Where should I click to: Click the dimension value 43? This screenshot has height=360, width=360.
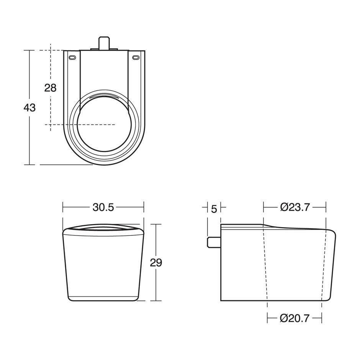(29, 108)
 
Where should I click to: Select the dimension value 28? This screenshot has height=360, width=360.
(50, 88)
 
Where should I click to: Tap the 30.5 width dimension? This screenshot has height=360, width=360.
(103, 207)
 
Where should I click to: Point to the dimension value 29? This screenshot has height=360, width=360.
(156, 263)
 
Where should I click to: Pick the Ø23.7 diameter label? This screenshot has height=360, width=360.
(295, 207)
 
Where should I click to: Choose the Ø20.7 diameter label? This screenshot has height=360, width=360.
(295, 318)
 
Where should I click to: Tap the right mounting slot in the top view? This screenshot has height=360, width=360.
(135, 58)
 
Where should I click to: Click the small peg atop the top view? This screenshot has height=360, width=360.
(103, 43)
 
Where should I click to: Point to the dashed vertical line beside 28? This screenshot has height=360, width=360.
(51, 111)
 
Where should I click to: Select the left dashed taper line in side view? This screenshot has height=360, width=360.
(265, 264)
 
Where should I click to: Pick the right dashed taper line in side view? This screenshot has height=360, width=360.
(324, 264)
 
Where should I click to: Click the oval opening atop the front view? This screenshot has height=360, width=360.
(103, 229)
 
